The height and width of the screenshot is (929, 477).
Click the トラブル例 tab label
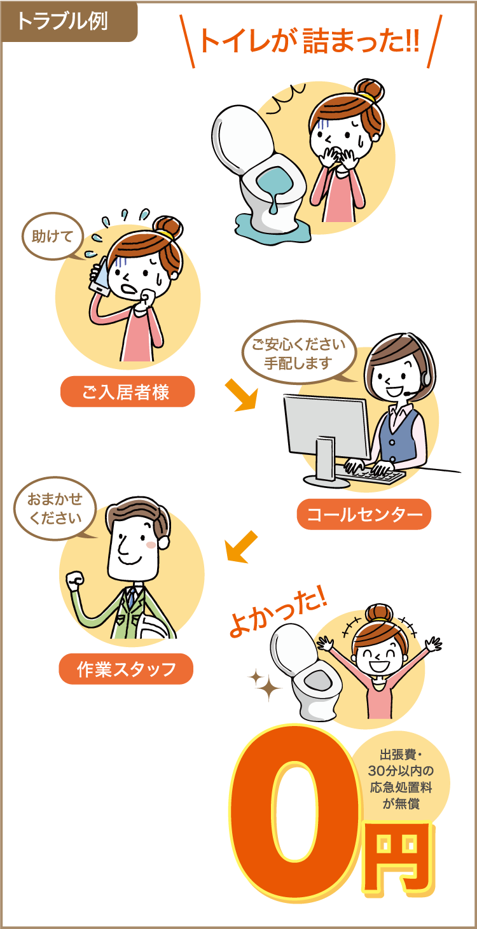pos(62,21)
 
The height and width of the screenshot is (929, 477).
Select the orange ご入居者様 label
pos(127,391)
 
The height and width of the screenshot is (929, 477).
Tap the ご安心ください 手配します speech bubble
pos(299,353)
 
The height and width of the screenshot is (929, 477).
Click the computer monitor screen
pos(326,425)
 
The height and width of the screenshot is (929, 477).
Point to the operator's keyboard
pos(372,473)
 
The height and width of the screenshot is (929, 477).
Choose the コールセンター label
pos(364,514)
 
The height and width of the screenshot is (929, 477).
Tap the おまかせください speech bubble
pos(55,508)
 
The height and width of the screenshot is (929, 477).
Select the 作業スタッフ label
pos(126,669)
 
